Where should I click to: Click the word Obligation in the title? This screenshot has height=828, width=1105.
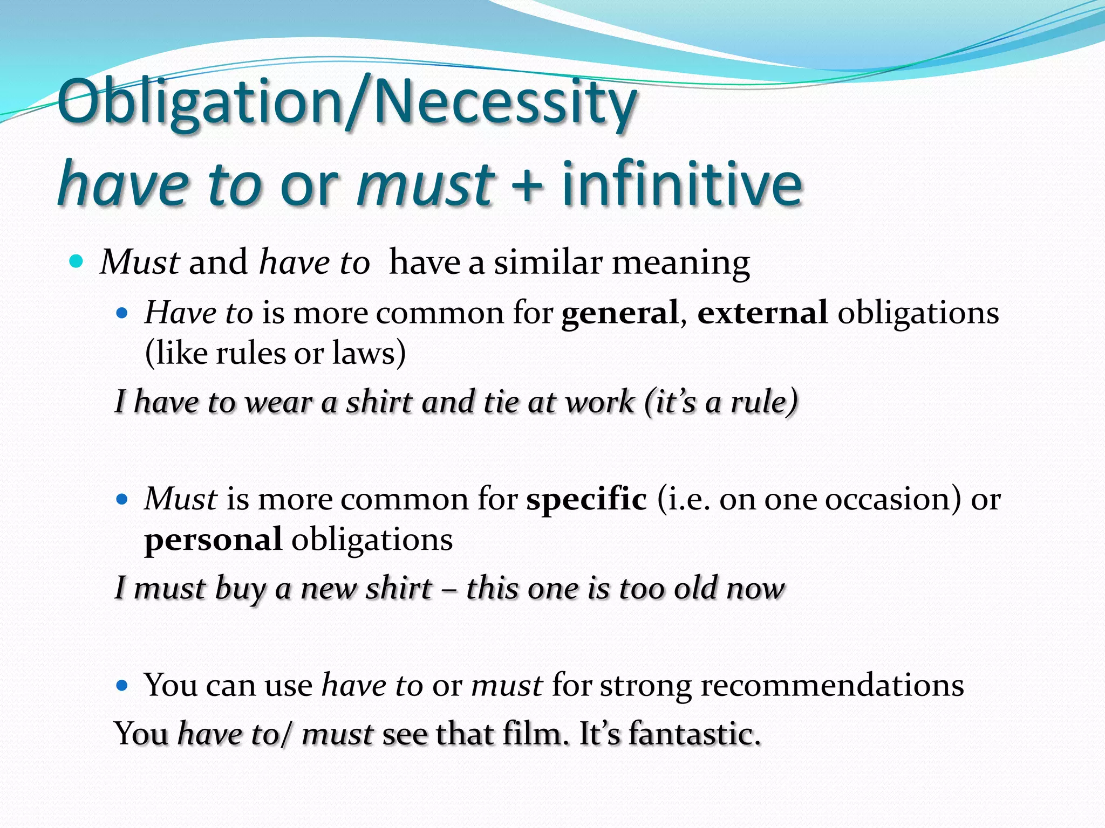pos(200,102)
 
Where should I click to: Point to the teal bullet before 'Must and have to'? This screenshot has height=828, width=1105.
pos(77,262)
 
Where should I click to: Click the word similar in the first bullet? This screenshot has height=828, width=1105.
pos(548,263)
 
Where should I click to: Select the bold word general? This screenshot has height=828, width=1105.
pos(619,313)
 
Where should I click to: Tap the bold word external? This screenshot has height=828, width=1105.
pos(762,313)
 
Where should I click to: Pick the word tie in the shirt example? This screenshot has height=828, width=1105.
pos(501,402)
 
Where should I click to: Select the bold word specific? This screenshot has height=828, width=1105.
pos(586,499)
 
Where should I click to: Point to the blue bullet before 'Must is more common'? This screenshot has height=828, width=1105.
pos(122,499)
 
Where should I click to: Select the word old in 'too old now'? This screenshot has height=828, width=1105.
pos(695,588)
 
